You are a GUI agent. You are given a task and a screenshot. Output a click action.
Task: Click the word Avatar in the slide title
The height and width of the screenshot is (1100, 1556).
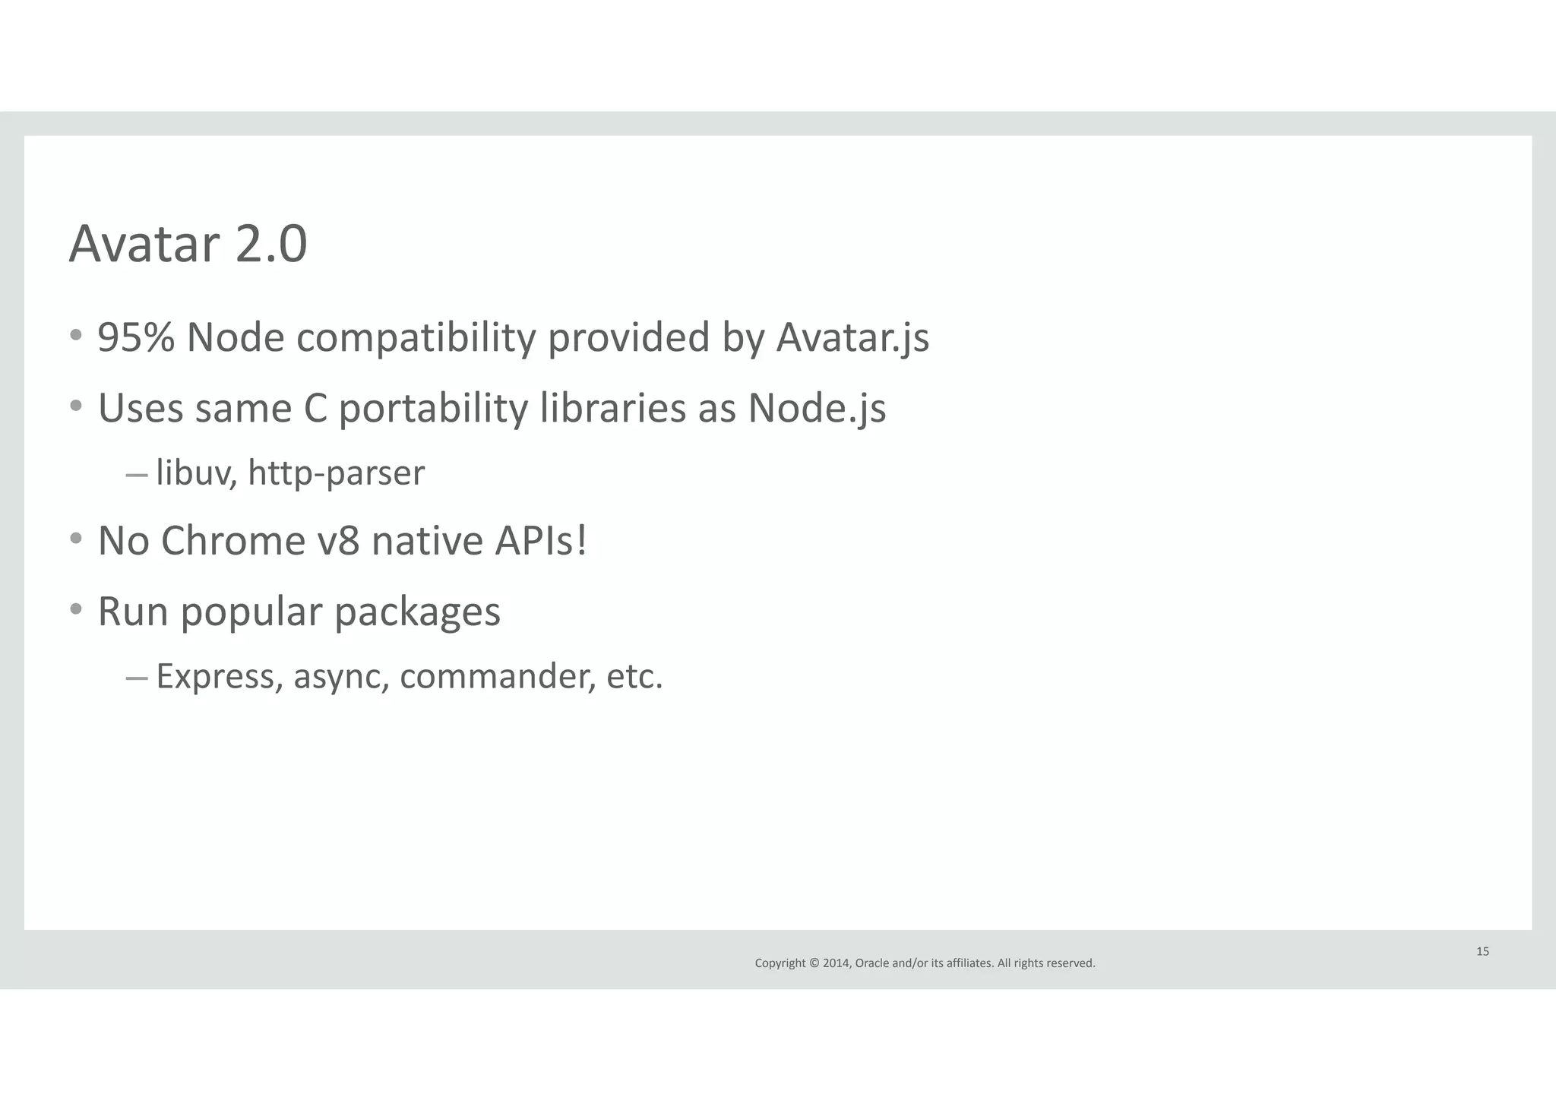[x=145, y=245]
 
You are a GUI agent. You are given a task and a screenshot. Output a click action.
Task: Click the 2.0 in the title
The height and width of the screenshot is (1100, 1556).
[x=271, y=245]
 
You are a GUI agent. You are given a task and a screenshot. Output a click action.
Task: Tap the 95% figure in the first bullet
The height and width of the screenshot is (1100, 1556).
[x=137, y=337]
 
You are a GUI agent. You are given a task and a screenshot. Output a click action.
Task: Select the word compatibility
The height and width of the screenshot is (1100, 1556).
[x=416, y=339]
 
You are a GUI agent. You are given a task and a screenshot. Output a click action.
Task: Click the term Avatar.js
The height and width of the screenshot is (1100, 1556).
[x=852, y=339]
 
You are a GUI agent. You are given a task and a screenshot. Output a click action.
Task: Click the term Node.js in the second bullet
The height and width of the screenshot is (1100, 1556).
[x=817, y=409]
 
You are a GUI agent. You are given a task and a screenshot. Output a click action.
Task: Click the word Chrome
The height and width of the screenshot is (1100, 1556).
[x=232, y=541]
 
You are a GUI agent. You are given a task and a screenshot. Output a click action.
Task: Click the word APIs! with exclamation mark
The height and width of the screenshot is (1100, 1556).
[x=540, y=541]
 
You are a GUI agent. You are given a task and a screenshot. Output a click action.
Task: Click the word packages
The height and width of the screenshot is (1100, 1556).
[x=417, y=612]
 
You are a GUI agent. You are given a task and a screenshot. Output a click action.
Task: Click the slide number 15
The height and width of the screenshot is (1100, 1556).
[x=1482, y=951]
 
